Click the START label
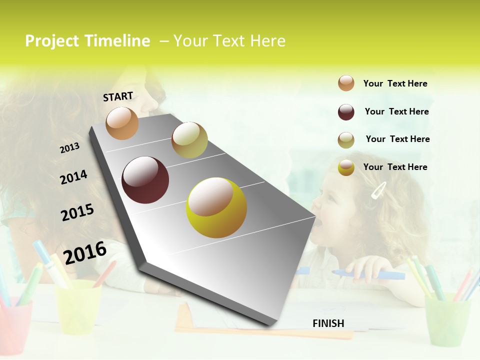click(118, 96)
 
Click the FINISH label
click(328, 323)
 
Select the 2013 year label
click(69, 148)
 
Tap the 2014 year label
click(73, 177)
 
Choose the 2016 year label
click(85, 253)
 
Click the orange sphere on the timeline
click(122, 123)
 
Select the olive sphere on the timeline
click(189, 139)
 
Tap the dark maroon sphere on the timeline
click(145, 180)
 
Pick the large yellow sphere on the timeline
click(216, 207)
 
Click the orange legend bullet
click(346, 83)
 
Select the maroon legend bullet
click(346, 112)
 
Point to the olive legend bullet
click(346, 140)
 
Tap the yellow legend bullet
click(346, 167)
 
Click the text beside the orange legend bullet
click(395, 83)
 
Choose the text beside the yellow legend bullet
click(395, 167)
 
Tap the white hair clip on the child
click(379, 190)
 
